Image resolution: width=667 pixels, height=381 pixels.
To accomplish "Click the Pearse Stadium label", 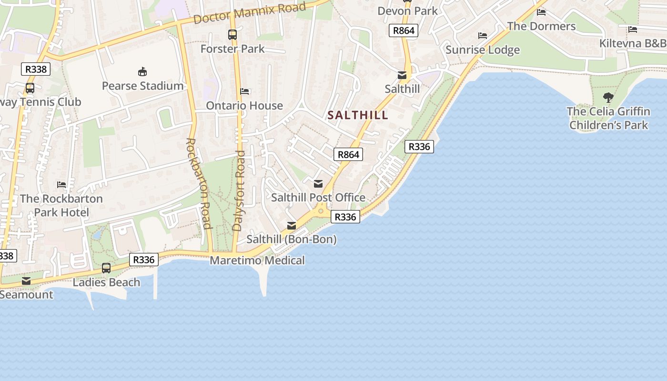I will point(142,86).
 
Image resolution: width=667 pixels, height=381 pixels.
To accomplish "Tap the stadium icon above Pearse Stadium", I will point(142,72).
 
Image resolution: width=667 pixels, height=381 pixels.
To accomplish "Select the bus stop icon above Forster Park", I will point(232,35).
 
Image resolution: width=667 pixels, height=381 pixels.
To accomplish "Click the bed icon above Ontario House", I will point(244,91).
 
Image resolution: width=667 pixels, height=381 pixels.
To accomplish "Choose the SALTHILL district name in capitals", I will point(358,115).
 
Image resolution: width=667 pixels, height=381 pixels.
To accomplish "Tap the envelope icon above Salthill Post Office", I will point(318,184).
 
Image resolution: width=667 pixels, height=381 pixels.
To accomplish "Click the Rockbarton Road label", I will point(198,183).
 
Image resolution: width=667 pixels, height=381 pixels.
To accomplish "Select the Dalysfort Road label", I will point(239,190).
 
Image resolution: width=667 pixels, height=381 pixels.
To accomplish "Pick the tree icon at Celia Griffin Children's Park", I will point(608,98).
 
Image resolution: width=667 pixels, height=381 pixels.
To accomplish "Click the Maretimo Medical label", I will point(257,261).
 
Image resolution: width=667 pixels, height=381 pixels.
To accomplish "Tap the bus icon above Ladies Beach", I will point(106,268).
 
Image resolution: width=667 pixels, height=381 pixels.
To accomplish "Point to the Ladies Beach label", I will point(106,282).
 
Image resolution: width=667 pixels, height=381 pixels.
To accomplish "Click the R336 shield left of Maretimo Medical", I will point(143,260).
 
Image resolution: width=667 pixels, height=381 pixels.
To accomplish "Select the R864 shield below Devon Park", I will point(404,31).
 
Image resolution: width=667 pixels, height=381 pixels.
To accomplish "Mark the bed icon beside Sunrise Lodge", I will point(483,36).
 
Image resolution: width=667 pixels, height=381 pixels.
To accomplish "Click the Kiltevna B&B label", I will point(633,43).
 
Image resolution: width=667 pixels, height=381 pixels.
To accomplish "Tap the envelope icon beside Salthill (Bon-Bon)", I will point(292,226).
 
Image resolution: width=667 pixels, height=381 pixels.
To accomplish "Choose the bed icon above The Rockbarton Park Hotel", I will point(61,184).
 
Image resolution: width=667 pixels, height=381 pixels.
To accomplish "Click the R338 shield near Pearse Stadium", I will point(36,69).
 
